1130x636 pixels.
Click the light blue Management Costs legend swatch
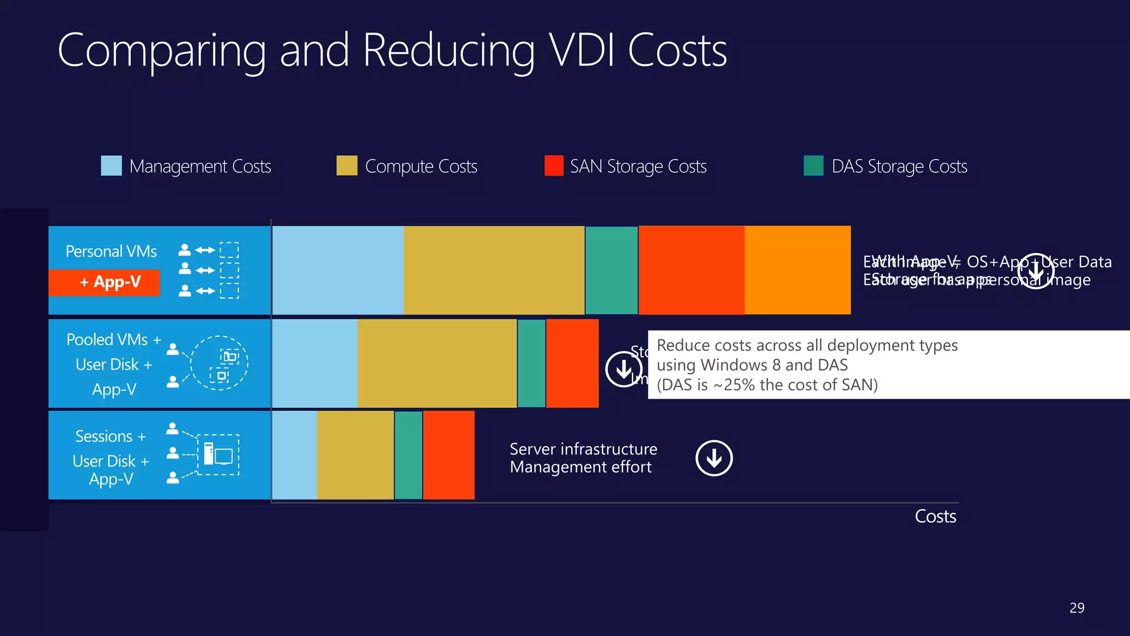click(111, 166)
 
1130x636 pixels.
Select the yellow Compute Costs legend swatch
click(347, 166)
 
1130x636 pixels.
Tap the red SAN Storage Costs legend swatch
click(553, 166)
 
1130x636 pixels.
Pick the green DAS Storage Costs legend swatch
click(813, 166)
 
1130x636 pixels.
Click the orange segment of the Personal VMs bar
click(797, 270)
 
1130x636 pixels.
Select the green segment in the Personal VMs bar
click(611, 270)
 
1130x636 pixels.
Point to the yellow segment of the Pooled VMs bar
click(437, 363)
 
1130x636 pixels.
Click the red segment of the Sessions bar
click(449, 455)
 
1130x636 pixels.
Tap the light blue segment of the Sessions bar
click(295, 455)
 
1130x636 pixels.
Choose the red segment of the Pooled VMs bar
click(572, 363)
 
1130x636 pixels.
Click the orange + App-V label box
click(105, 282)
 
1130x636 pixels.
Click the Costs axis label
click(935, 516)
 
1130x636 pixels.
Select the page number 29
click(1076, 608)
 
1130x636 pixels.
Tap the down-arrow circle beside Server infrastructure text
click(714, 458)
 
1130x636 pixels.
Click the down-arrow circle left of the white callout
click(623, 369)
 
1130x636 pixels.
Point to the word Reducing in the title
click(449, 51)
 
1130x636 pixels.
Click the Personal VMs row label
click(111, 252)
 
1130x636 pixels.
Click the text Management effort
click(580, 468)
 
